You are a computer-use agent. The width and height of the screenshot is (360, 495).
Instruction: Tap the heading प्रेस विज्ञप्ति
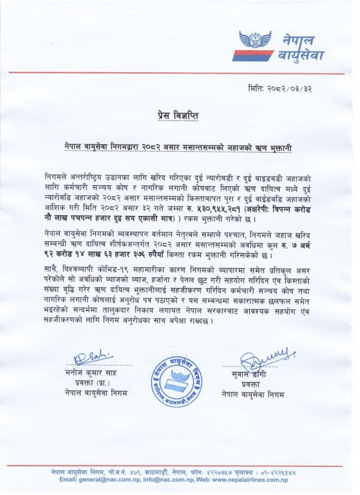pyautogui.click(x=178, y=116)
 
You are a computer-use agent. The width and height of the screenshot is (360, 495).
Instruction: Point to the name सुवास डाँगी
pyautogui.click(x=249, y=375)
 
